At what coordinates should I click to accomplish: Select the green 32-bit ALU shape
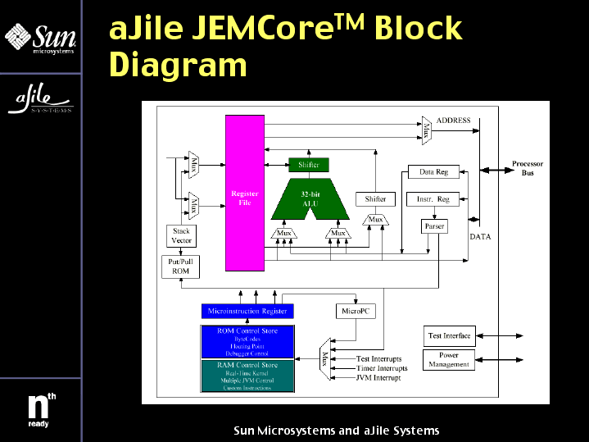pyautogui.click(x=309, y=198)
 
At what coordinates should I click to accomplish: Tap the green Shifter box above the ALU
pyautogui.click(x=309, y=165)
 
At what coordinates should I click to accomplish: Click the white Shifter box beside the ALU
pyautogui.click(x=375, y=199)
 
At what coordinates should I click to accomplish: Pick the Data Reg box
pyautogui.click(x=433, y=172)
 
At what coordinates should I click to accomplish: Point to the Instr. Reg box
pyautogui.click(x=433, y=199)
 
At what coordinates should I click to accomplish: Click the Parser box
pyautogui.click(x=433, y=226)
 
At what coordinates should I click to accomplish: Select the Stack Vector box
pyautogui.click(x=181, y=235)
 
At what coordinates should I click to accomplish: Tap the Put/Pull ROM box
pyautogui.click(x=179, y=267)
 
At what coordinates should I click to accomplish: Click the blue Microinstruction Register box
pyautogui.click(x=247, y=312)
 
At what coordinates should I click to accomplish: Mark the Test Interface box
pyautogui.click(x=450, y=335)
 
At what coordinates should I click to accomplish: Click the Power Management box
pyautogui.click(x=449, y=359)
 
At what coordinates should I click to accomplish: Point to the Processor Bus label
pyautogui.click(x=527, y=169)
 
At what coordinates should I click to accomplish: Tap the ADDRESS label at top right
pyautogui.click(x=453, y=121)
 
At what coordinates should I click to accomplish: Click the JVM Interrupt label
pyautogui.click(x=378, y=378)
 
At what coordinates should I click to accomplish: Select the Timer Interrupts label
pyautogui.click(x=382, y=368)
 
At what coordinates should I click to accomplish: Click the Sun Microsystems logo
pyautogui.click(x=40, y=38)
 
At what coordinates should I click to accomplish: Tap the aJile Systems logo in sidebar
pyautogui.click(x=40, y=100)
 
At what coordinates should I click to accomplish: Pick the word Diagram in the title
pyautogui.click(x=178, y=65)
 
